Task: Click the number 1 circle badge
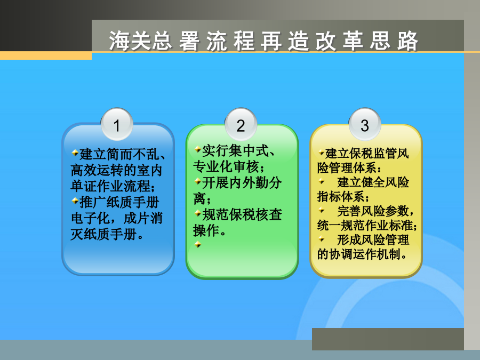(x=117, y=124)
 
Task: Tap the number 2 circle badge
(x=241, y=124)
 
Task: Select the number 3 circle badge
(x=365, y=124)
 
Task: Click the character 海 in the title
(x=119, y=41)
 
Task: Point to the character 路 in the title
(x=408, y=41)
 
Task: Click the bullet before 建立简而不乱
(x=75, y=152)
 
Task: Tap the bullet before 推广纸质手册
(x=75, y=201)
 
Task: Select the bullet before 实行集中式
(x=198, y=149)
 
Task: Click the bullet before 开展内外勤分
(x=198, y=181)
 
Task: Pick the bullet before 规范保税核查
(x=198, y=213)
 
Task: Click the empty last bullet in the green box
(x=198, y=244)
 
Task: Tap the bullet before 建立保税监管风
(x=322, y=152)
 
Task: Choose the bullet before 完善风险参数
(x=322, y=210)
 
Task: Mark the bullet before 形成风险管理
(x=322, y=239)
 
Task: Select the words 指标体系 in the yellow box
(x=341, y=196)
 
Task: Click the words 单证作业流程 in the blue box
(x=110, y=186)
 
